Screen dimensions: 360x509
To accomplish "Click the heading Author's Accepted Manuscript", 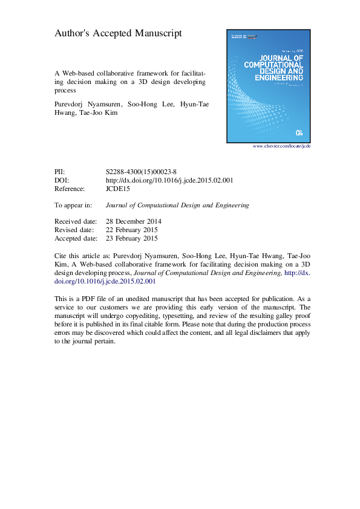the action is tap(118, 34).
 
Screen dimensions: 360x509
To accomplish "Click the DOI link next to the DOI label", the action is tap(169, 180).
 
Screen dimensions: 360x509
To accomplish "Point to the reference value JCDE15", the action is tap(117, 189).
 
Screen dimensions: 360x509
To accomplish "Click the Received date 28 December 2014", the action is tap(133, 221).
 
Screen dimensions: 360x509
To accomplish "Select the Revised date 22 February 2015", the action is tap(132, 230).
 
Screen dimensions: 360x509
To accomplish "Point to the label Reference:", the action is tap(70, 189).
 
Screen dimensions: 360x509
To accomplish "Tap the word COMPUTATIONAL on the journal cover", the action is tap(273, 63).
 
